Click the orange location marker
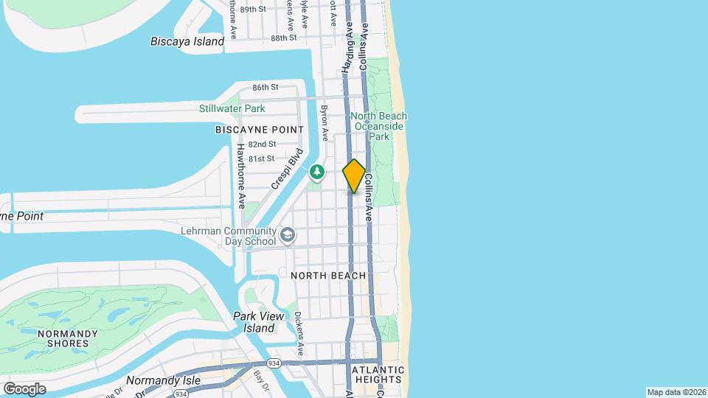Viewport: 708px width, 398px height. (x=354, y=176)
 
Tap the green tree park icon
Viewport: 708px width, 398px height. (x=317, y=172)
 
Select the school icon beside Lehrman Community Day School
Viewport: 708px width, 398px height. (x=287, y=236)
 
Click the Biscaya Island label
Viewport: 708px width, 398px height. (x=187, y=41)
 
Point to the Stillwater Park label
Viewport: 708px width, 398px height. (x=232, y=108)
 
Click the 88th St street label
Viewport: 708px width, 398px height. (x=283, y=38)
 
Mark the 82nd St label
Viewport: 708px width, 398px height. (x=262, y=144)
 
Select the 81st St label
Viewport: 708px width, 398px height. (x=261, y=158)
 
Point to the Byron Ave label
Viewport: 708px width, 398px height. (x=324, y=122)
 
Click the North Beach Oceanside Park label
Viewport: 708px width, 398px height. (x=378, y=126)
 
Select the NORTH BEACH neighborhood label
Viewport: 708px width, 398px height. (x=328, y=276)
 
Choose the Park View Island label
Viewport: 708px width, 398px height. (x=254, y=321)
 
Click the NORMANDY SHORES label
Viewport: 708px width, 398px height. (x=68, y=338)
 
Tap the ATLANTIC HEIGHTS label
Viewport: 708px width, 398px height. (x=378, y=374)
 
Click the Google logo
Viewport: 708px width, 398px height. (x=24, y=388)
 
